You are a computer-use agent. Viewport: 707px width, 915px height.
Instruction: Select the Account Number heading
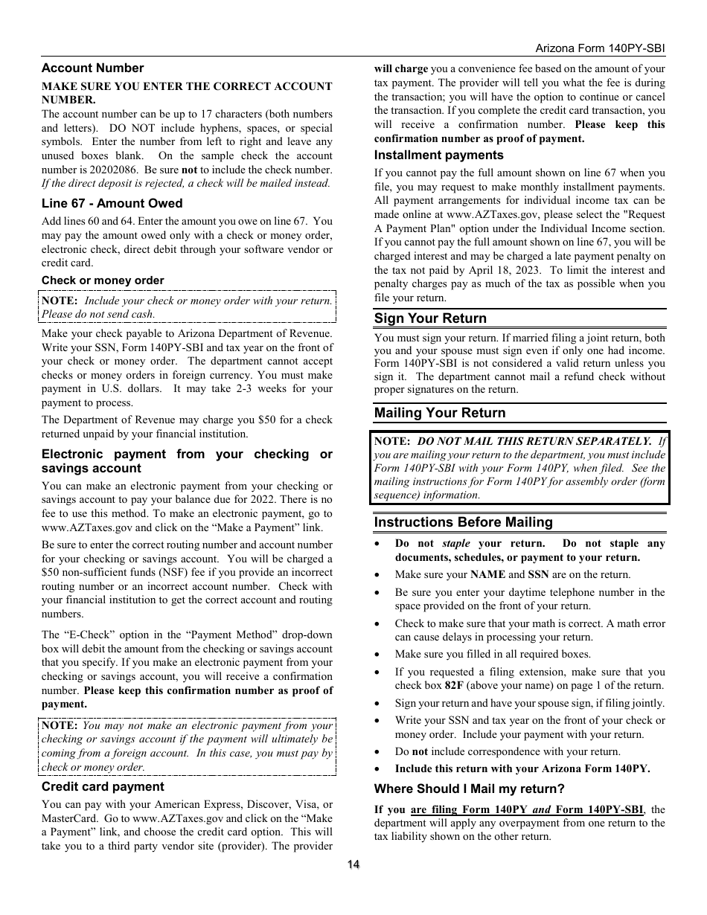pos(92,68)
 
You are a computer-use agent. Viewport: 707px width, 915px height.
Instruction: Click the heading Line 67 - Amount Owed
pos(112,203)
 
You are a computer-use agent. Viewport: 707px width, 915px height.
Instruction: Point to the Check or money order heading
pos(103,280)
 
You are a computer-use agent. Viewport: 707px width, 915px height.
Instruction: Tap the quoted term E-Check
pos(84,635)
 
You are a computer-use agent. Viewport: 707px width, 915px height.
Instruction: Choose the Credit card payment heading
pos(103,786)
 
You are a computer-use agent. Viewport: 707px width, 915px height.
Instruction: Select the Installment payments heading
pos(438,155)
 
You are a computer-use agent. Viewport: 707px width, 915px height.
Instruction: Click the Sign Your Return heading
pos(430,318)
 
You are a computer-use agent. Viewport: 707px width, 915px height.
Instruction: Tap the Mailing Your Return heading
pos(439,413)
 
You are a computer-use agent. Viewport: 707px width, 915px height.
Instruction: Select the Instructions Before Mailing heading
pos(463,522)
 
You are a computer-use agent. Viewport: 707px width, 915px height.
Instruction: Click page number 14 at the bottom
pos(353,864)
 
